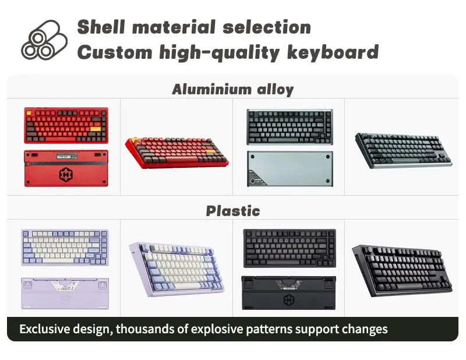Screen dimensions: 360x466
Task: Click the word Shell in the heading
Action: point(101,27)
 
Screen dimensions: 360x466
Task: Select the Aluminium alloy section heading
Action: point(232,90)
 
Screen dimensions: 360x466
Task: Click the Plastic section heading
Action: point(232,211)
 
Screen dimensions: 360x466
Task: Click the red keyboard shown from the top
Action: point(66,126)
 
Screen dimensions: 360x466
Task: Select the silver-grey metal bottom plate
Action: point(290,170)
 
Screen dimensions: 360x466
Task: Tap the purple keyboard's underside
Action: point(65,292)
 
